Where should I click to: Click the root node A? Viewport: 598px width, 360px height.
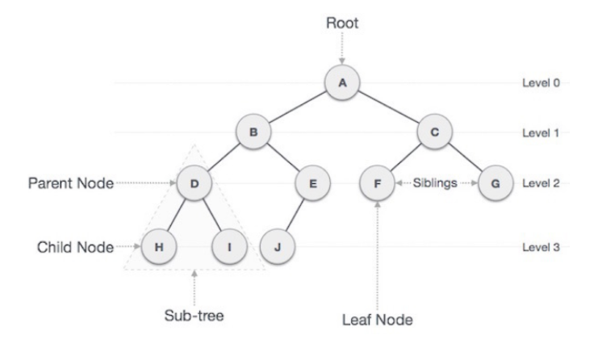[341, 82]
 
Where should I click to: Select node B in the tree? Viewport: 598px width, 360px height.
[253, 133]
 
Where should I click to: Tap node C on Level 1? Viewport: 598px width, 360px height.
[433, 133]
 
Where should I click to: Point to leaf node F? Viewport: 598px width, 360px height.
[377, 184]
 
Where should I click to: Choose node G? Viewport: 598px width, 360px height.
[495, 184]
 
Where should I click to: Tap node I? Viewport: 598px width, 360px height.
[228, 246]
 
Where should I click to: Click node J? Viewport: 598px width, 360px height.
[277, 246]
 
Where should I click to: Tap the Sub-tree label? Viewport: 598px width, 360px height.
[192, 315]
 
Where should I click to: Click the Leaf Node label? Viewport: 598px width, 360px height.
[377, 320]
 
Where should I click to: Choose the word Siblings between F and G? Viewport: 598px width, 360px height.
[436, 184]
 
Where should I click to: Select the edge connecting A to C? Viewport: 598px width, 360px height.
[387, 107]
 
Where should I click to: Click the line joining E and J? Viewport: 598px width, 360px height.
[295, 215]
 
